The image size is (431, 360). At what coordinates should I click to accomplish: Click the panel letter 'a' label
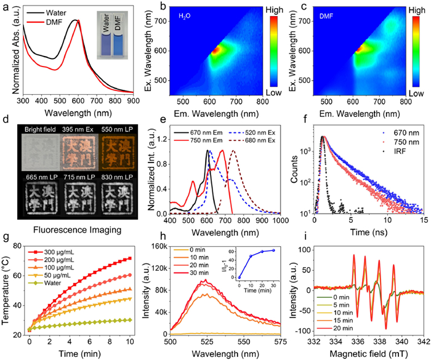[5, 6]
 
